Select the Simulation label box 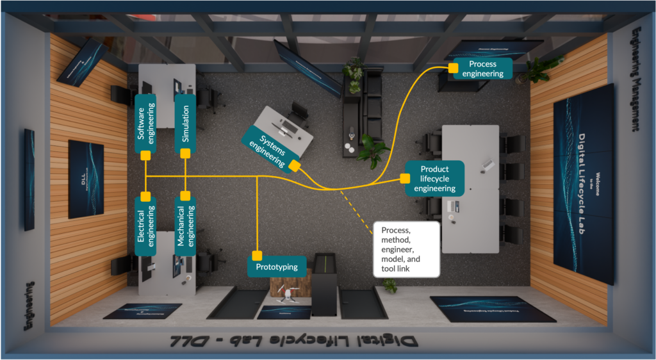(x=185, y=122)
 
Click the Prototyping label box (x=277, y=266)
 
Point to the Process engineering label (x=482, y=69)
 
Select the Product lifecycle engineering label (x=434, y=179)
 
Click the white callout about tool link (x=406, y=249)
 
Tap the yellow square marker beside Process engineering (x=452, y=67)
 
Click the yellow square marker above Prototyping (x=257, y=256)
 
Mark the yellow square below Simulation (x=185, y=154)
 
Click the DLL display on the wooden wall (x=86, y=179)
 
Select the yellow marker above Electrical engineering (x=146, y=195)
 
